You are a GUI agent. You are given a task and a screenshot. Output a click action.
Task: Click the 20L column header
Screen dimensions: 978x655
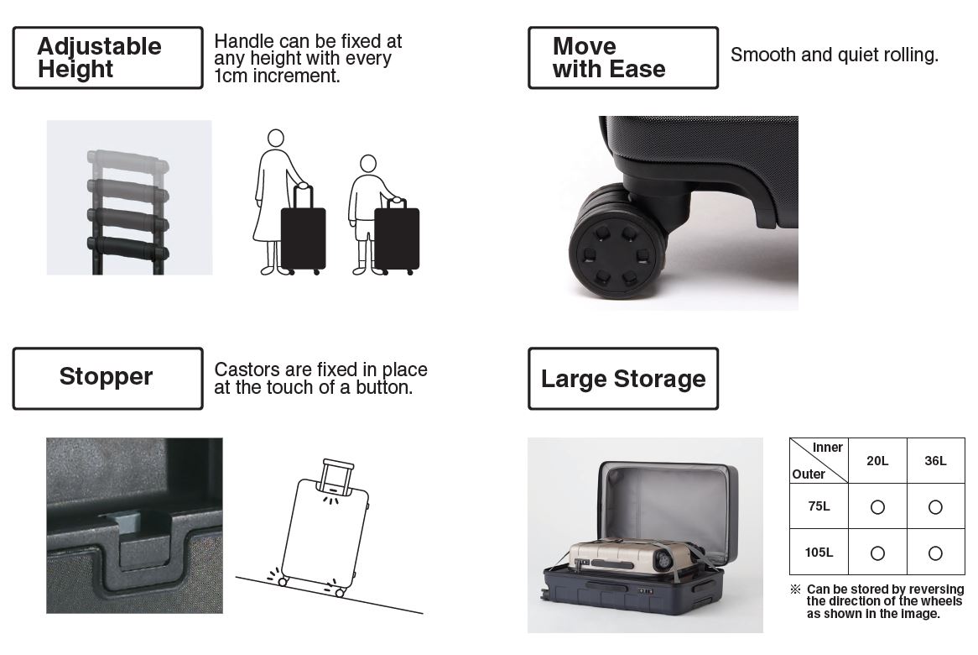(877, 461)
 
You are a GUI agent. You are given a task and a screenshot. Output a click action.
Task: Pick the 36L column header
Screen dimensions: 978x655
(935, 461)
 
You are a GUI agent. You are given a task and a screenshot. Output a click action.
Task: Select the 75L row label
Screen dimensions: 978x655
(819, 506)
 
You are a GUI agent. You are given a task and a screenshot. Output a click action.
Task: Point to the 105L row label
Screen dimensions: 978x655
(819, 553)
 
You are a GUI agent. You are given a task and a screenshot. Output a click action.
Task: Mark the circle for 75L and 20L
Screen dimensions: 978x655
(877, 507)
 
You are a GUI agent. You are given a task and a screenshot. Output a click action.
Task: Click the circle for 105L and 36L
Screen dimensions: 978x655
(935, 553)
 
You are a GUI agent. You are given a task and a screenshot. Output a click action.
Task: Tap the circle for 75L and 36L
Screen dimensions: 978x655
(935, 507)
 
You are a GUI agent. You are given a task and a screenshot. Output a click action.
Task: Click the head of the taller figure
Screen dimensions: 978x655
(276, 138)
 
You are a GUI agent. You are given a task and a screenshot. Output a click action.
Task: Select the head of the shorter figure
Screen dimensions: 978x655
(368, 164)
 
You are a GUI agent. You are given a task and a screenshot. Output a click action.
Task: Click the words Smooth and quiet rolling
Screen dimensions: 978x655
(835, 55)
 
